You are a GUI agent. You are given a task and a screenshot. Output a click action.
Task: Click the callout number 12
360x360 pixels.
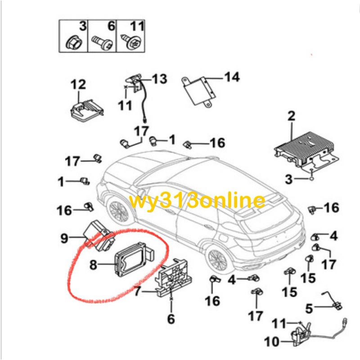(77, 84)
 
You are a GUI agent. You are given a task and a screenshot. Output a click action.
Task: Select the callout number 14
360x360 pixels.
(232, 77)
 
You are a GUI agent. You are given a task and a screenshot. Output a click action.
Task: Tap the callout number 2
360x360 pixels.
(291, 116)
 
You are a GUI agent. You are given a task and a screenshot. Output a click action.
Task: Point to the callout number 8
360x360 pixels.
(94, 265)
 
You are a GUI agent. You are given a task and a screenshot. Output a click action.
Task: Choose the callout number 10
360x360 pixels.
(271, 342)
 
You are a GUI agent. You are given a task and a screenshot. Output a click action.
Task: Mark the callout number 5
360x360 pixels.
(309, 309)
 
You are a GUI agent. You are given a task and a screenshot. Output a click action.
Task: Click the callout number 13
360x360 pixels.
(159, 79)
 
